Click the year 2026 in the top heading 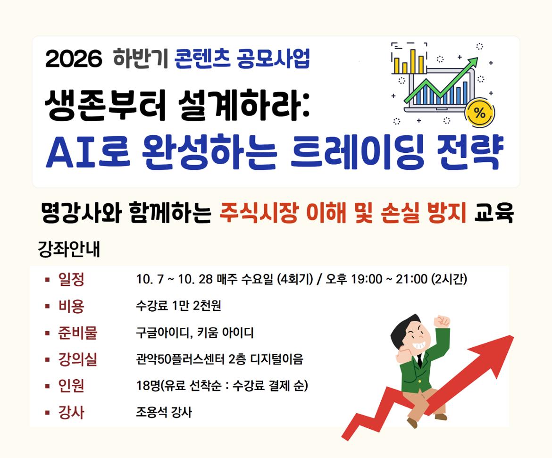tap(74, 58)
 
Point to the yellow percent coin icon tap(479, 113)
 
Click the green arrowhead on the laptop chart tap(472, 63)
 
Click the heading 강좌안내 tap(69, 249)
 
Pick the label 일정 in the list tap(71, 280)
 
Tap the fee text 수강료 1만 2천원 tap(178, 306)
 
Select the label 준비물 tap(78, 333)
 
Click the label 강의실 tap(78, 359)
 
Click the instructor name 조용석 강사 tap(164, 412)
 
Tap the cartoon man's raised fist tap(442, 321)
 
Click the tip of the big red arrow tap(513, 337)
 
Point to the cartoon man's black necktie tap(419, 360)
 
